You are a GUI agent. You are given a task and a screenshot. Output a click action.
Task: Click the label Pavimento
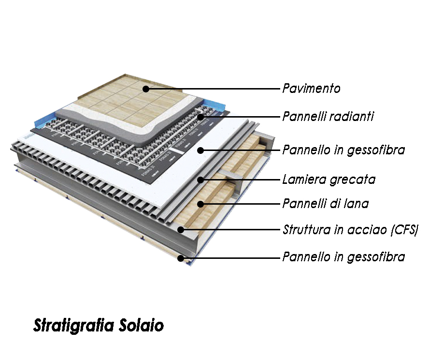[x=311, y=89]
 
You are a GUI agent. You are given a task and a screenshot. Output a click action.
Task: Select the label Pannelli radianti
[x=328, y=117]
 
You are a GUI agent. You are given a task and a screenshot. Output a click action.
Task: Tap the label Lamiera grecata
[x=329, y=180]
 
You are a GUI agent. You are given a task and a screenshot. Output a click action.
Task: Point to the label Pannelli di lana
[x=325, y=204]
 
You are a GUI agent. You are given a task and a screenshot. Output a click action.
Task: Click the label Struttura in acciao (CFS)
[x=350, y=229]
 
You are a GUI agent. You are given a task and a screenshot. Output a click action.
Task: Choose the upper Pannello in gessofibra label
[x=343, y=150]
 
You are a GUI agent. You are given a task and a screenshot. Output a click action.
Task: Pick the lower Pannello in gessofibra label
[x=343, y=257]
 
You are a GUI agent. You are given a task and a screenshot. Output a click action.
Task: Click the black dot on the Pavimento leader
[x=146, y=89]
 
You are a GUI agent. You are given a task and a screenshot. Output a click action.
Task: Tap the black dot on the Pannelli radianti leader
[x=200, y=117]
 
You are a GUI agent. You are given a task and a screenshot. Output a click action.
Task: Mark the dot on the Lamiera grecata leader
[x=200, y=180]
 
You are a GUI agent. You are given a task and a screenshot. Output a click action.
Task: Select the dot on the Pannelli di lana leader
[x=200, y=204]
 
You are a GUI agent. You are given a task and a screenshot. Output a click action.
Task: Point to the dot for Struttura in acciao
[x=181, y=229]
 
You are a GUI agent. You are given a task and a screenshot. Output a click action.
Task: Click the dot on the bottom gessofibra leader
[x=181, y=258]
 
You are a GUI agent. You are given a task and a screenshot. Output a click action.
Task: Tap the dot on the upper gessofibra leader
[x=200, y=150]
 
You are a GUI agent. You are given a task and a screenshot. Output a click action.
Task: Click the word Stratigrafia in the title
[x=73, y=326]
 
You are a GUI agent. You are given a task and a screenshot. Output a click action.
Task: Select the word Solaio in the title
[x=141, y=326]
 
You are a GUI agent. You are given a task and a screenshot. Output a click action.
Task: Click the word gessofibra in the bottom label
[x=376, y=257]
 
